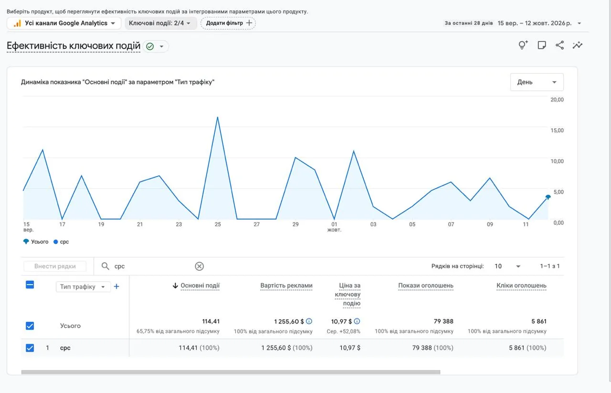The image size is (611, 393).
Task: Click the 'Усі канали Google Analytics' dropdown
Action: pos(64,23)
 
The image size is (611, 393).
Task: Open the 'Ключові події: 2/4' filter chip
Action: pos(160,23)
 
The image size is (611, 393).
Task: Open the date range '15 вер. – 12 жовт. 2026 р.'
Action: pos(534,23)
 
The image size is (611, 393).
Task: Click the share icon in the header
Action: pos(560,45)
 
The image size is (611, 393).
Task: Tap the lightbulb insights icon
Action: pos(523,45)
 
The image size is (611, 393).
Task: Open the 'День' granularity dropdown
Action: pos(537,82)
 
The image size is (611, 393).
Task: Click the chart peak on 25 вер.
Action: pos(217,117)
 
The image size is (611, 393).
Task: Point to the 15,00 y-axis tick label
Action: pos(557,130)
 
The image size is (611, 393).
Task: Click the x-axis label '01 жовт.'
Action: pos(334,227)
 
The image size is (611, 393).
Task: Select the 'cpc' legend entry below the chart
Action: pos(62,242)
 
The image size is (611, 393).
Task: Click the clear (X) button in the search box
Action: pos(200,266)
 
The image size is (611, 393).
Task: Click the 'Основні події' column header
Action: pos(200,286)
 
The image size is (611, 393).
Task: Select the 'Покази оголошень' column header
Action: pos(425,286)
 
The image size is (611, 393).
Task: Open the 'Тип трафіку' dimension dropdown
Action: pos(83,287)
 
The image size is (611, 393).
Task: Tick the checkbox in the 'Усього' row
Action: pos(30,326)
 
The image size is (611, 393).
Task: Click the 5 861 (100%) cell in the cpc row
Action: pos(527,348)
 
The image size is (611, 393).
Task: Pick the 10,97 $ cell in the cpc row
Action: pos(350,348)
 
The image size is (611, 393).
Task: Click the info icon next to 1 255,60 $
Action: pos(309,321)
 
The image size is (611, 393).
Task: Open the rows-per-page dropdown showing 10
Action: pos(507,266)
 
